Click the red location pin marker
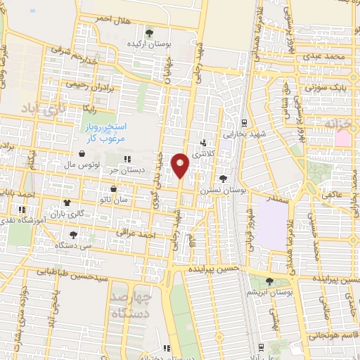[x=181, y=166]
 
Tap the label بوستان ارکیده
[x=148, y=44]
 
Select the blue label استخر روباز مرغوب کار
[x=105, y=132]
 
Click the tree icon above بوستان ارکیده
[x=148, y=32]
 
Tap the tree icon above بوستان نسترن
[x=223, y=179]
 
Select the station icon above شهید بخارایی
[x=244, y=122]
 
